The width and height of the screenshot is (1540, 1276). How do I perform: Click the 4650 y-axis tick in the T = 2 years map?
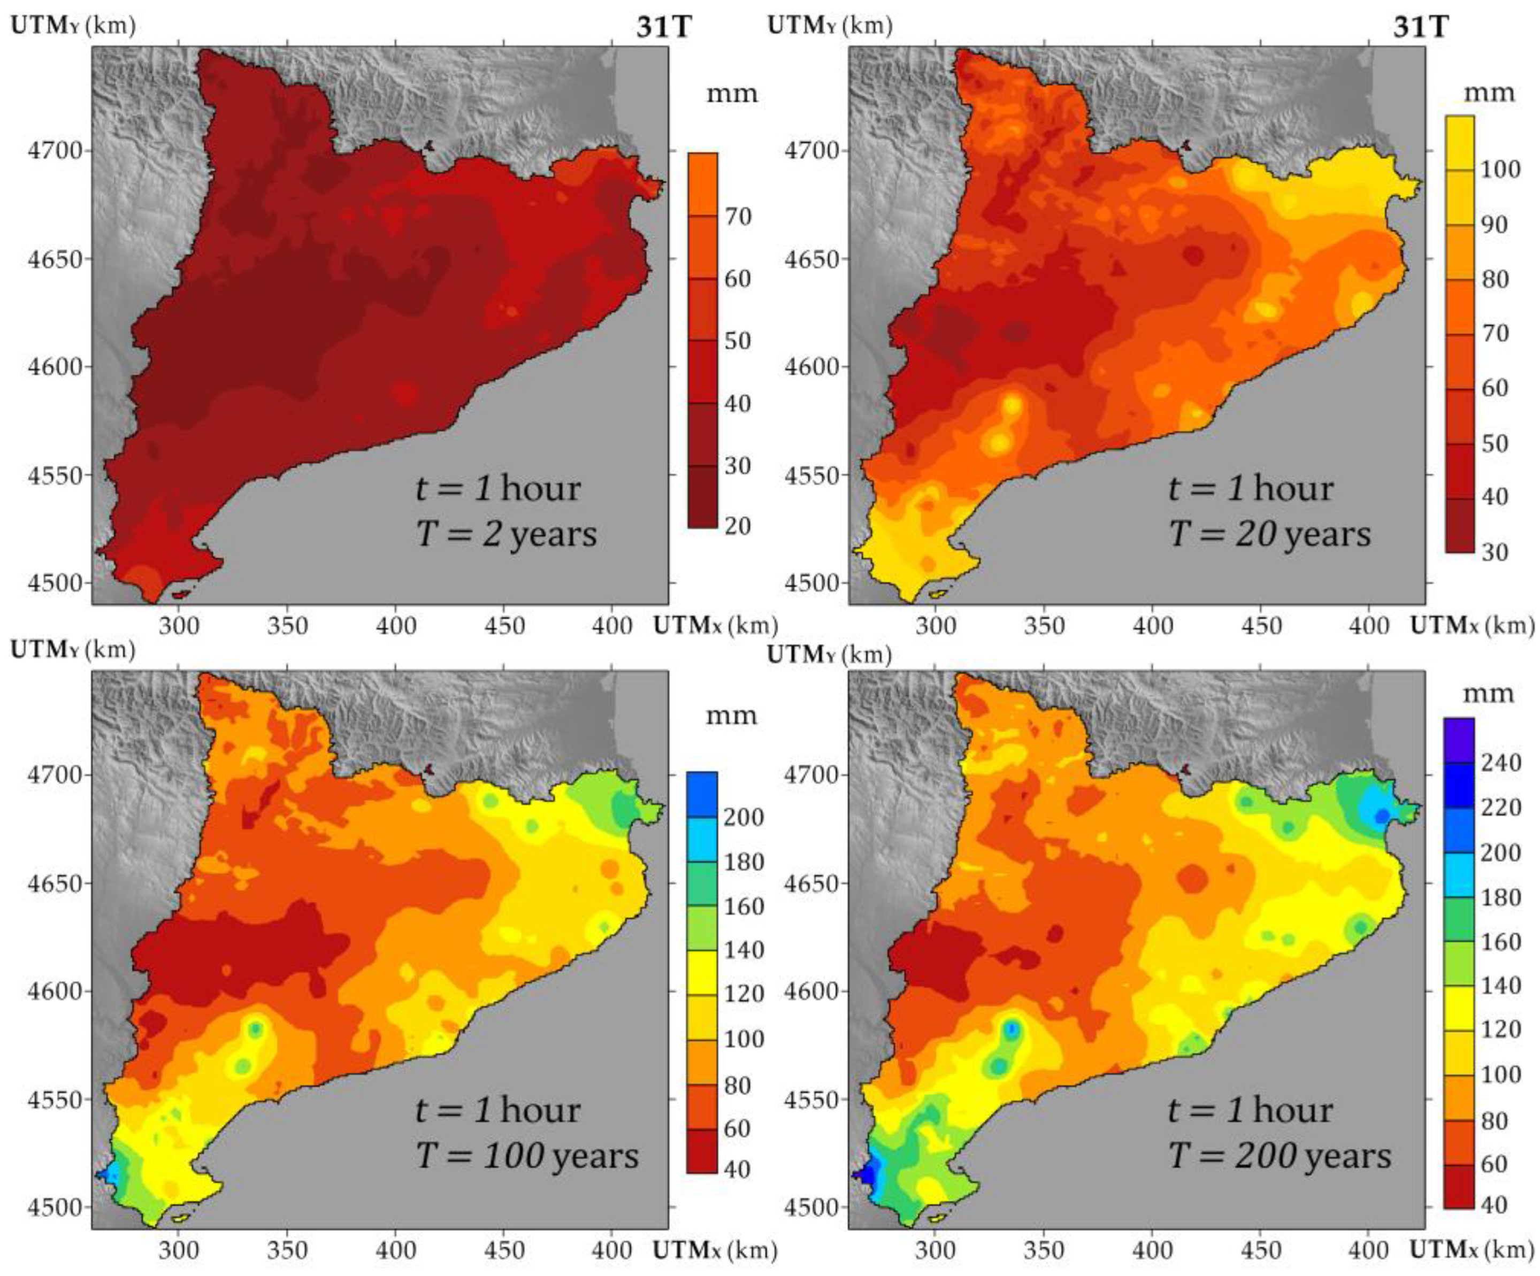(55, 259)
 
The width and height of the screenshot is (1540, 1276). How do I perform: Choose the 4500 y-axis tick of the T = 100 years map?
(55, 1207)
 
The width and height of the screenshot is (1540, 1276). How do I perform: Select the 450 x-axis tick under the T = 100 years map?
(504, 1250)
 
